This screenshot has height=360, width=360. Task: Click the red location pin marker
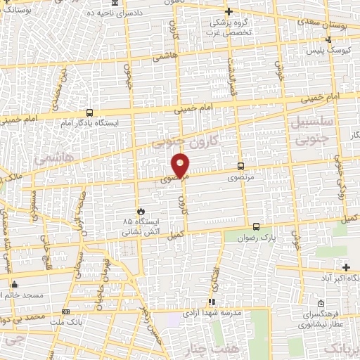(x=181, y=164)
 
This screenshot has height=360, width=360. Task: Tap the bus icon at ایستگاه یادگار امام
(x=89, y=112)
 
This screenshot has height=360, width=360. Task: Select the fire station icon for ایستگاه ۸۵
(x=141, y=210)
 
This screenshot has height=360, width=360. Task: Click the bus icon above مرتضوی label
(x=241, y=167)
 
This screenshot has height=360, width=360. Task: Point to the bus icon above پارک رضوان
(x=255, y=226)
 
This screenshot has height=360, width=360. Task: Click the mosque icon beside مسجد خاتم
(x=14, y=285)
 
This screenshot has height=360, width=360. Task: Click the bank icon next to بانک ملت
(x=66, y=310)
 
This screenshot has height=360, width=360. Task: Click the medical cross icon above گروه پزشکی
(x=229, y=11)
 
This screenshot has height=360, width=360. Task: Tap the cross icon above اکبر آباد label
(x=345, y=266)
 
